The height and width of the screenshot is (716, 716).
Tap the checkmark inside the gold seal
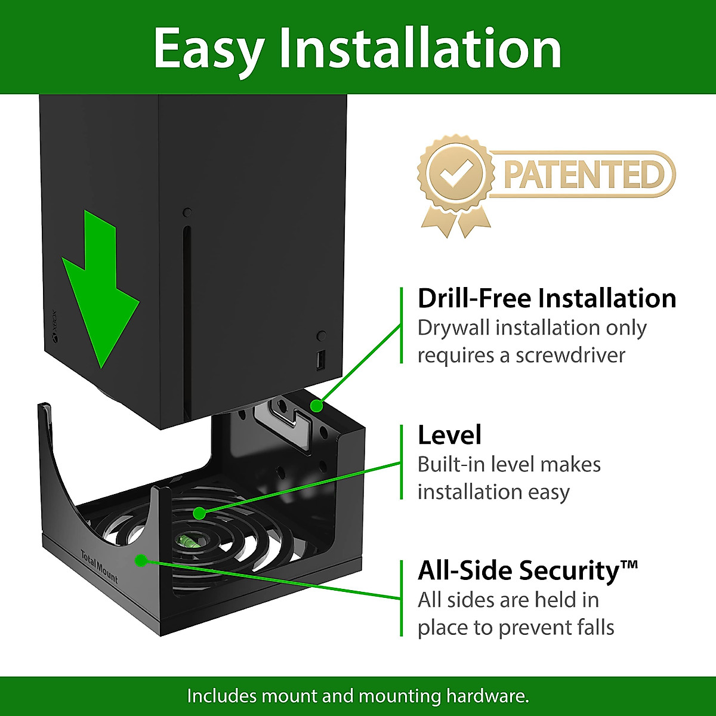[455, 174]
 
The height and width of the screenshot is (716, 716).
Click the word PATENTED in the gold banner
[583, 174]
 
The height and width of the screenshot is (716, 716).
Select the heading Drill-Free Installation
[547, 298]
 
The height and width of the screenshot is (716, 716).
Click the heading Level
[449, 435]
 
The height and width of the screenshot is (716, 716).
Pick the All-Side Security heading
[519, 570]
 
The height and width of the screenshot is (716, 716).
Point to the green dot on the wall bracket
[317, 406]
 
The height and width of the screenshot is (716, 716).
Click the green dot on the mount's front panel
[141, 560]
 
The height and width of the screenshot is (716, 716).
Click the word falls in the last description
[592, 627]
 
